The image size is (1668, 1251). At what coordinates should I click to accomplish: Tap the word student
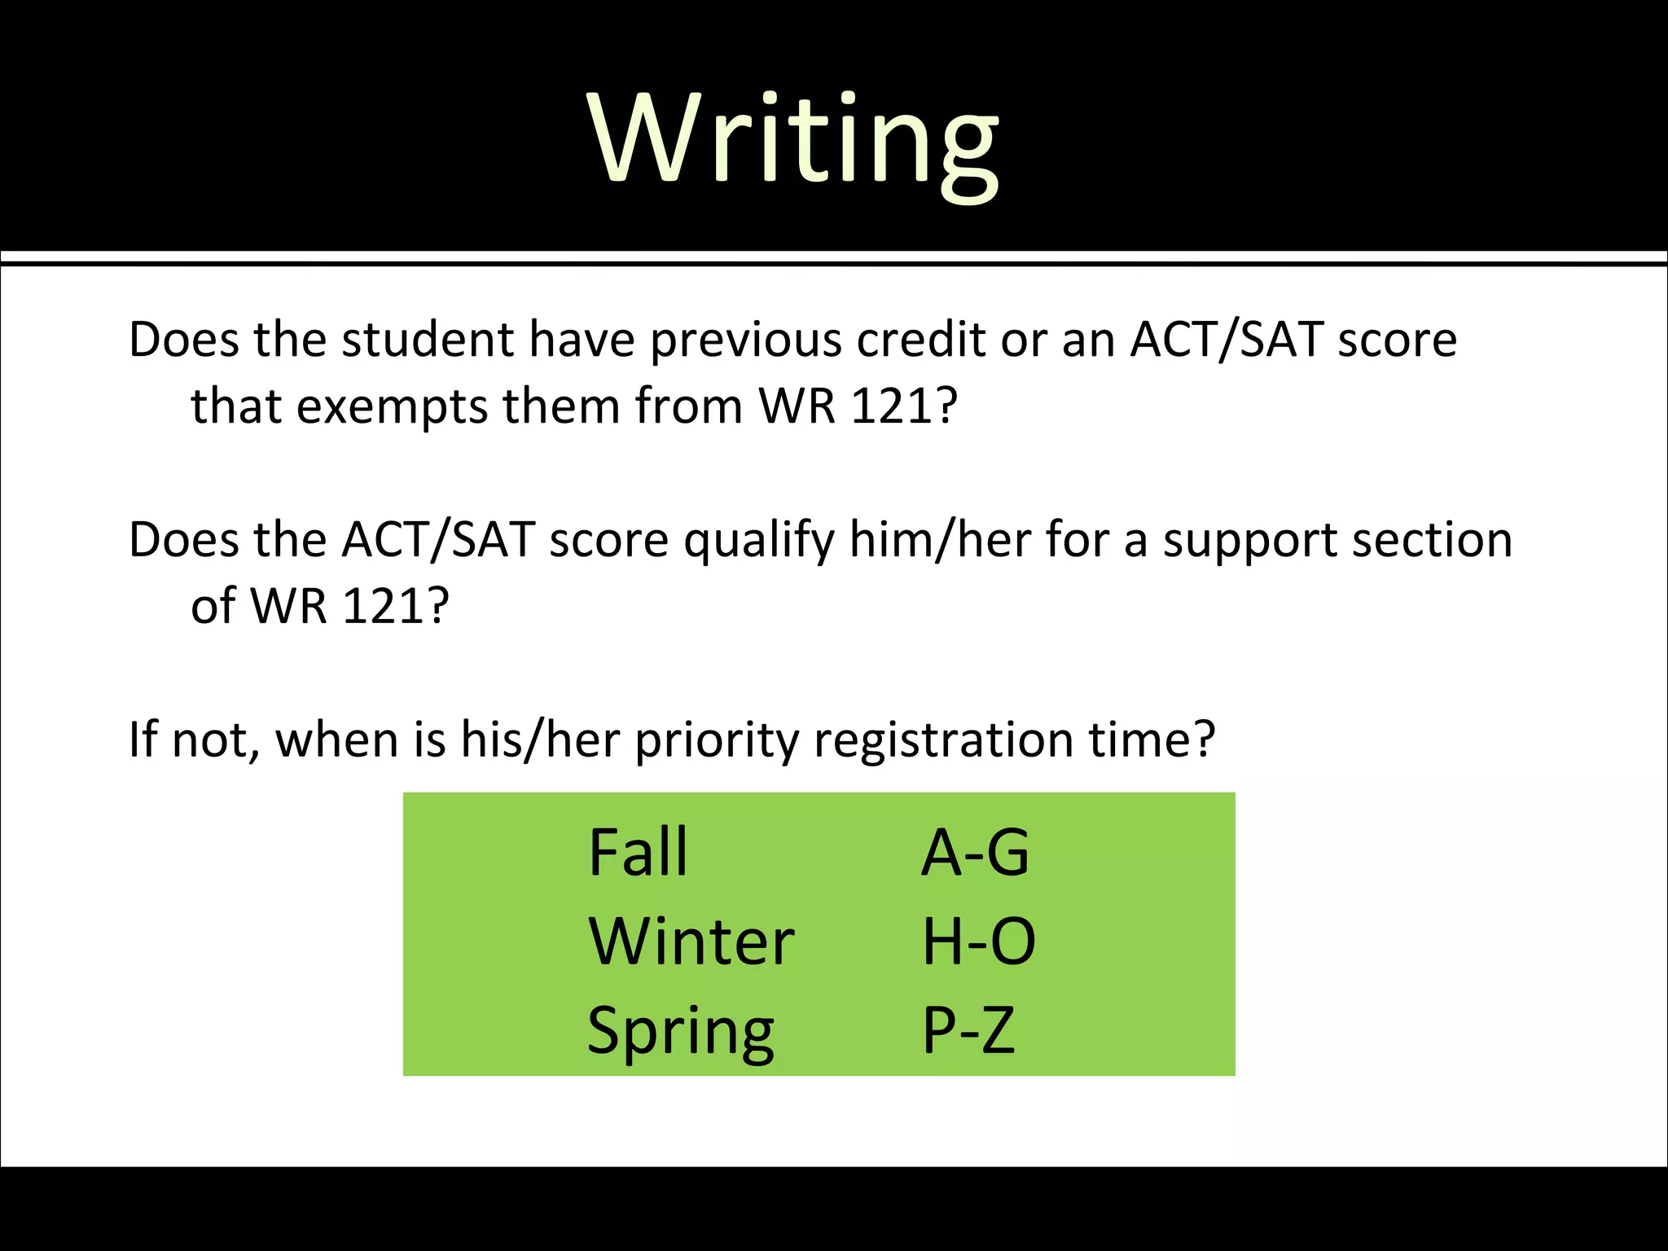(428, 340)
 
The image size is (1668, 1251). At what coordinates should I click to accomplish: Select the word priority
(717, 741)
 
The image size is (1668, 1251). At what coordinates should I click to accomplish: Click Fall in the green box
(638, 853)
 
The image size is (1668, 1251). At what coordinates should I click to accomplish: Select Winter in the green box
(691, 942)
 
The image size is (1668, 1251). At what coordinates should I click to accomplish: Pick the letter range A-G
(975, 853)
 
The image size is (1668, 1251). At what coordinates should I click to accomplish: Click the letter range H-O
(978, 942)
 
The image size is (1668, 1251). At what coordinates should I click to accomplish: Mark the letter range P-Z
(968, 1031)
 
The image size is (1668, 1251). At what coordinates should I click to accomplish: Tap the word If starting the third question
(143, 741)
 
